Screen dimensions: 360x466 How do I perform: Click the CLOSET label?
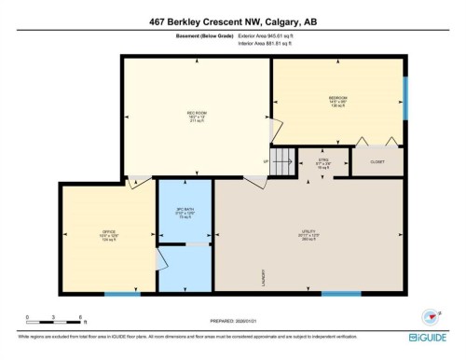tap(377, 161)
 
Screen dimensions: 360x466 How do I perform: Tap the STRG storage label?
tap(324, 161)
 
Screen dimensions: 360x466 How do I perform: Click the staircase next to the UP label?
tap(283, 159)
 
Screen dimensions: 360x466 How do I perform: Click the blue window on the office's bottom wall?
tap(116, 294)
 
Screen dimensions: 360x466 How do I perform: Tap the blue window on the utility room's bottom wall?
tap(340, 294)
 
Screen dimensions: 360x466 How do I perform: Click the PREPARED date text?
tap(232, 320)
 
